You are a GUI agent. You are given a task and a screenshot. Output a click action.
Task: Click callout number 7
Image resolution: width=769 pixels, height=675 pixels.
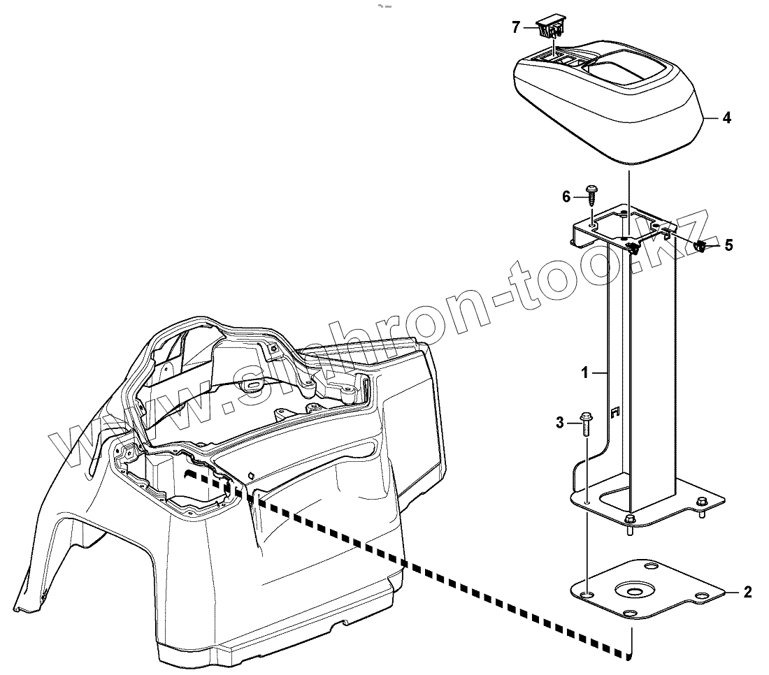click(x=516, y=28)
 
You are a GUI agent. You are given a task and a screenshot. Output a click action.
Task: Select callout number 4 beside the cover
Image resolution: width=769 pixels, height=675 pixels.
click(x=727, y=118)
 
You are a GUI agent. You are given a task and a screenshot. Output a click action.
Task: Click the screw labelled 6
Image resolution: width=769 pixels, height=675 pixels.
click(x=591, y=193)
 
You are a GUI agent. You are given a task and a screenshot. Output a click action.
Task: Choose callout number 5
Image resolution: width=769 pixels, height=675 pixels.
click(x=728, y=245)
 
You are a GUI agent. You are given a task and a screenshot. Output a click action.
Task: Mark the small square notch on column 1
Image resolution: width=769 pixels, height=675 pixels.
click(x=615, y=412)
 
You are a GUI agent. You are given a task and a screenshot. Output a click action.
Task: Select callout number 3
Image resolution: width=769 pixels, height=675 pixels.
click(x=560, y=421)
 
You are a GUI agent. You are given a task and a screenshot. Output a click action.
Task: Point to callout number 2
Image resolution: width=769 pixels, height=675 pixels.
click(x=747, y=593)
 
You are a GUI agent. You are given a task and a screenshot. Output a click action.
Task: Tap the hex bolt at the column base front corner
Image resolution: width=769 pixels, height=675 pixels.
click(x=630, y=520)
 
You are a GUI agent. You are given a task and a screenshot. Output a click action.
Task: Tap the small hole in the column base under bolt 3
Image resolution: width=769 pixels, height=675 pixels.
click(x=587, y=500)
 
